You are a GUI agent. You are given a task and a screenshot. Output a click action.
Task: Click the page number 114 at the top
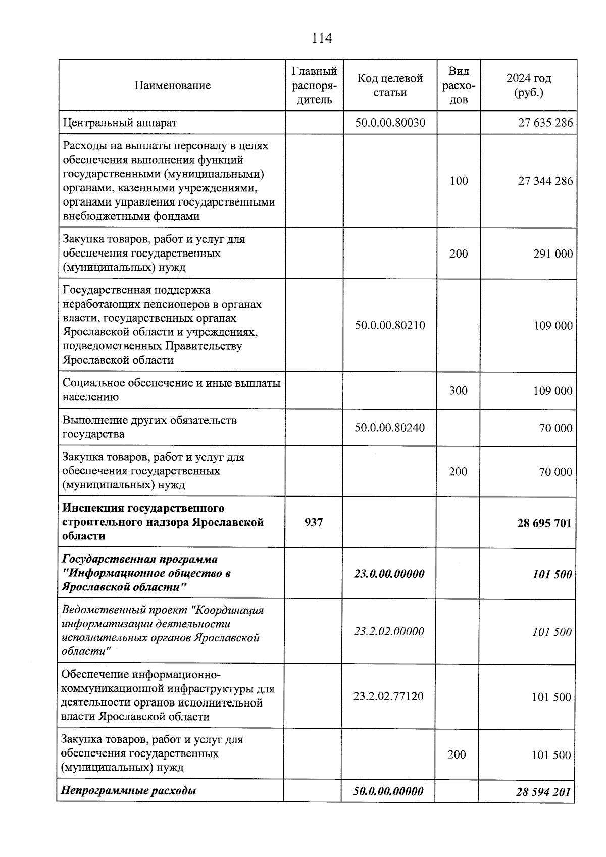[322, 38]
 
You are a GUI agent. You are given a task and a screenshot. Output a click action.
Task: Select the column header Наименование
[173, 85]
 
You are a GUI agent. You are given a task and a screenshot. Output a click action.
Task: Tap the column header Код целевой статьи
[390, 85]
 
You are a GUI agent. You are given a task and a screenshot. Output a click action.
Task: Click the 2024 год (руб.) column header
[528, 85]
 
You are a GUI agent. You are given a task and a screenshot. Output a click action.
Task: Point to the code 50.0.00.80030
[390, 123]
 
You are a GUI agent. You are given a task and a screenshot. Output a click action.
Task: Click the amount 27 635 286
[545, 123]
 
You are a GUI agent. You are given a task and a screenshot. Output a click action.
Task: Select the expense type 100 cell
[459, 181]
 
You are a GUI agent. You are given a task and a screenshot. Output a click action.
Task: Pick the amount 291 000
[552, 254]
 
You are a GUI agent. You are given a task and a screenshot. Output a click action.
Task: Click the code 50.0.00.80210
[390, 325]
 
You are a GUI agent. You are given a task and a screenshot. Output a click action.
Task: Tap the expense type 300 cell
[459, 390]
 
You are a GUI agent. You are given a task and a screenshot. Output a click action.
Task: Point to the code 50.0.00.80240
[390, 428]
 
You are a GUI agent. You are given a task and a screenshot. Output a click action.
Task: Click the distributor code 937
[314, 522]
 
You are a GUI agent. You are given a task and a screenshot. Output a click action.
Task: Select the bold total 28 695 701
[544, 523]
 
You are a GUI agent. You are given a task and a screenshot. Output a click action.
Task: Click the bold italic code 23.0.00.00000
[389, 574]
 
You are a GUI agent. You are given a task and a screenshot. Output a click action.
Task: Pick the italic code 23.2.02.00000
[389, 631]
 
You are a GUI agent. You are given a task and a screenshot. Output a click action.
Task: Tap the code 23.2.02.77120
[389, 696]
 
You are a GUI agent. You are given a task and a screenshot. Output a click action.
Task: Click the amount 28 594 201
[543, 791]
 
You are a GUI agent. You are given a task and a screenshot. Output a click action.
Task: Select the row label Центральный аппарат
[120, 123]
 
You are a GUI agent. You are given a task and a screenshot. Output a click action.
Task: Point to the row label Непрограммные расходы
[129, 790]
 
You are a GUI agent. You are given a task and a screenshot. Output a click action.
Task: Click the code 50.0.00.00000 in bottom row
[388, 791]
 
